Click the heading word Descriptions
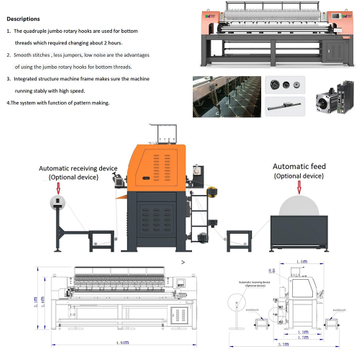(x=23, y=19)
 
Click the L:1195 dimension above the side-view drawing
(x=301, y=261)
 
